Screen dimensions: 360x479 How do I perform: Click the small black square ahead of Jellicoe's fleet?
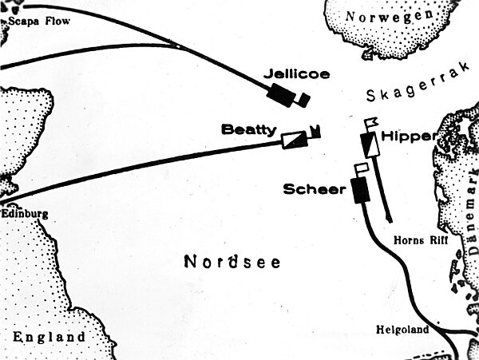pos(303,99)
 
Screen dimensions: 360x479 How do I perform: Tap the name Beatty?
pos(249,129)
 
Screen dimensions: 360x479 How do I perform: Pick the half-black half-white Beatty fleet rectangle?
pos(293,139)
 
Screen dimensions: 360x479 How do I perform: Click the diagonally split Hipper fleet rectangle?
pos(368,144)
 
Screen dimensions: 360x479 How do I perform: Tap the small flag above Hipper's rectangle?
pos(370,123)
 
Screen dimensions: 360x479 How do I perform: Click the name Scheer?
pos(313,189)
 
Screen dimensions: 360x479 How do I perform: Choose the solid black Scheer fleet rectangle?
pos(359,189)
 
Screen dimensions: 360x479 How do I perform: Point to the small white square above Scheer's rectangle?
pos(361,168)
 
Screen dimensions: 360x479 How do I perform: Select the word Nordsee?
pos(232,261)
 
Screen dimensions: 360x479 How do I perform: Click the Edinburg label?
pos(26,214)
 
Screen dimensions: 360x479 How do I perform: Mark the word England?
pos(49,337)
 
